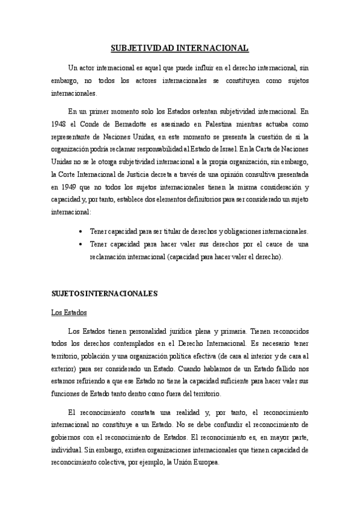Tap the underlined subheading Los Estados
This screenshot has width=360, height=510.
pyautogui.click(x=69, y=313)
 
